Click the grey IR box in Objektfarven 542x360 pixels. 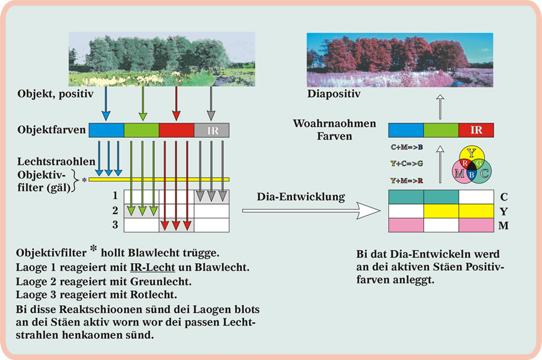point(211,130)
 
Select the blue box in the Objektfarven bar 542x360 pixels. point(106,130)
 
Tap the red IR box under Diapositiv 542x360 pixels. point(476,129)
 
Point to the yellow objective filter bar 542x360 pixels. point(159,179)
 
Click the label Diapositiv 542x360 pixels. point(334,94)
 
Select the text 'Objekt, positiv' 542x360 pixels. point(51,94)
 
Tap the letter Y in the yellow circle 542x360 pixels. point(472,152)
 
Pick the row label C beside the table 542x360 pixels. point(504,196)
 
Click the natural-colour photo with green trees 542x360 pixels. point(158,59)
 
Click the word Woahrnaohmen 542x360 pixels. point(334,123)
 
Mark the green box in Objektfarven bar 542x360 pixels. point(141,130)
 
